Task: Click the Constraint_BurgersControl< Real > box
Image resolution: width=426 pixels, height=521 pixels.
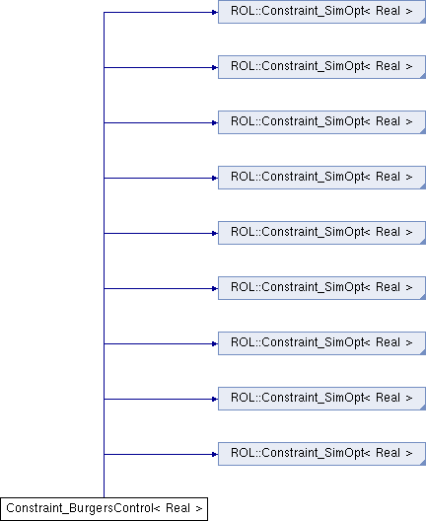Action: pyautogui.click(x=104, y=509)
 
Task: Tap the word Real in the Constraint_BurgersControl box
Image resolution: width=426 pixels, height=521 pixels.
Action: pyautogui.click(x=177, y=508)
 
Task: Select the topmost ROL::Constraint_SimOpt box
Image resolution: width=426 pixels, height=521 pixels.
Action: pyautogui.click(x=321, y=12)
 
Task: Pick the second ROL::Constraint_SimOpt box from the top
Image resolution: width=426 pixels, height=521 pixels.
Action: pyautogui.click(x=321, y=67)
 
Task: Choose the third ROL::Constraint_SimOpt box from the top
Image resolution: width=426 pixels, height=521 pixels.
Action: pyautogui.click(x=321, y=122)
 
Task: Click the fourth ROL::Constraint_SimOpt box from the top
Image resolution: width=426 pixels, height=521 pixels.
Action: pyautogui.click(x=321, y=178)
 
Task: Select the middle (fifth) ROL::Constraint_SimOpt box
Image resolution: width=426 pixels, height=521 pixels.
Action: pyautogui.click(x=321, y=233)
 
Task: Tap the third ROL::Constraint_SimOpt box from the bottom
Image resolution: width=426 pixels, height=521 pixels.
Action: pyautogui.click(x=321, y=343)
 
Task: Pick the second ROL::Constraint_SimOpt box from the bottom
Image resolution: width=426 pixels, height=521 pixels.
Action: pyautogui.click(x=321, y=399)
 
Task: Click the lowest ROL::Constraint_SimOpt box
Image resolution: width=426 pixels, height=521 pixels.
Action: pyautogui.click(x=321, y=454)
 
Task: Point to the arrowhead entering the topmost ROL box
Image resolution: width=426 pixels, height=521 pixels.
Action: pyautogui.click(x=215, y=12)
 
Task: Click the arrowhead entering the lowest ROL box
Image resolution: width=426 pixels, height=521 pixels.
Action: pyautogui.click(x=215, y=454)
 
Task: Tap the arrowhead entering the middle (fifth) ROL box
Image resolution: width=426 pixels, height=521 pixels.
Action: pyautogui.click(x=215, y=233)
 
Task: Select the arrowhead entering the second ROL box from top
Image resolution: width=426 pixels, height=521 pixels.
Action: pyautogui.click(x=215, y=67)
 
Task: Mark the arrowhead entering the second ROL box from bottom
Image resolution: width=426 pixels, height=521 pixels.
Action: pyautogui.click(x=215, y=399)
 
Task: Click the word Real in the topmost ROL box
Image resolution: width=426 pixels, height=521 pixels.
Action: pyautogui.click(x=388, y=11)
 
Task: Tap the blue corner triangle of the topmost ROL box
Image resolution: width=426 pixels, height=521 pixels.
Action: pyautogui.click(x=423, y=21)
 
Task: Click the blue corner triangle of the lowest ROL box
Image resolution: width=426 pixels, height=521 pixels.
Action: pyautogui.click(x=423, y=463)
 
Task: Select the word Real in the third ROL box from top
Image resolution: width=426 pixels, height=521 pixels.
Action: pyautogui.click(x=388, y=121)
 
